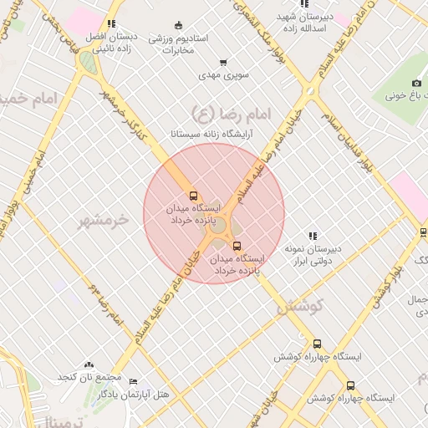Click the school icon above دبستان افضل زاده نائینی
111,23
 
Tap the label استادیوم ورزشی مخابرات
171,44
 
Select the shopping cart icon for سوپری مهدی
222,62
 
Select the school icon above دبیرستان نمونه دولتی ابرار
313,237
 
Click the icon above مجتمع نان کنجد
89,364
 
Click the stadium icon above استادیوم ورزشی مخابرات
172,24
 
